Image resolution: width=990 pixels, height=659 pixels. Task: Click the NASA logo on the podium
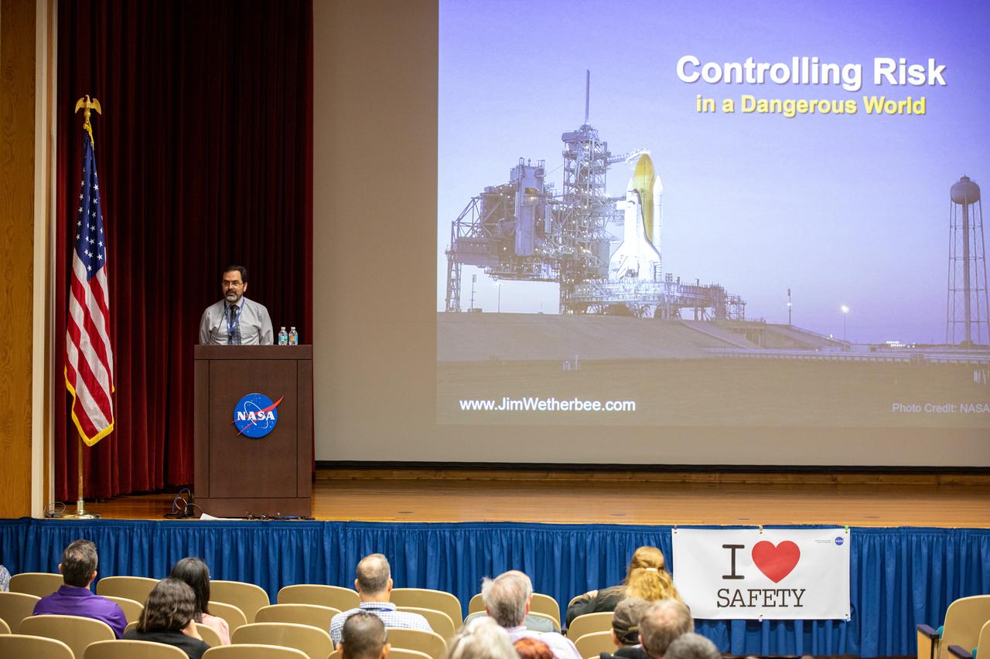(257, 415)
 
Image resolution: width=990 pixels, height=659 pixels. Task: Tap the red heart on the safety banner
(776, 560)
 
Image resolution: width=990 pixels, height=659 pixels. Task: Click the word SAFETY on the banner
(760, 597)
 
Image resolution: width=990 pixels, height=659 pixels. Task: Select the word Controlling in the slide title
(769, 72)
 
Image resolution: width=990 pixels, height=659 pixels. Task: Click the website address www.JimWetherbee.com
(547, 404)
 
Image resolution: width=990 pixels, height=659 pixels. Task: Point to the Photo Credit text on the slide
(939, 407)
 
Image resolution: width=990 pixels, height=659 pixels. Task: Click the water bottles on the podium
(288, 335)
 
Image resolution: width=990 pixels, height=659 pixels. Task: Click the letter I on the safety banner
(732, 562)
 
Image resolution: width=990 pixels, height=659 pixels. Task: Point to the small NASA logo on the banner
(838, 541)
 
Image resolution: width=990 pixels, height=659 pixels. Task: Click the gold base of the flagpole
(80, 513)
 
